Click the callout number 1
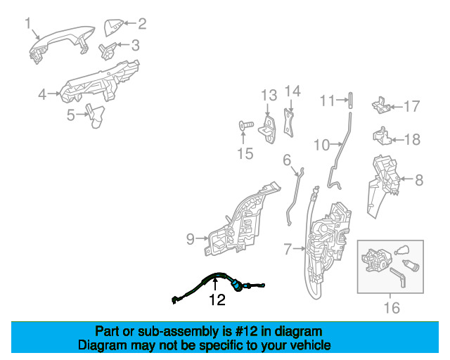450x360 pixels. pos(28,23)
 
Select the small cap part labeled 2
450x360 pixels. pos(114,27)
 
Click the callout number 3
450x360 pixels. pos(136,46)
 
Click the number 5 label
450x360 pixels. pos(71,115)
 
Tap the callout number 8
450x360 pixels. pos(419,180)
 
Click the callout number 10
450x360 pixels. pos(322,145)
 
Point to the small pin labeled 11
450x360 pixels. pos(351,100)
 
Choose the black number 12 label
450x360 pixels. pos(217,300)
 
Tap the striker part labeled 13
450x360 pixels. pos(268,129)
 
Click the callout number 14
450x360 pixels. pos(292,91)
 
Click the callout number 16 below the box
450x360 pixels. pos(392,308)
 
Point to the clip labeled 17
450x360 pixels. pos(381,105)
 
